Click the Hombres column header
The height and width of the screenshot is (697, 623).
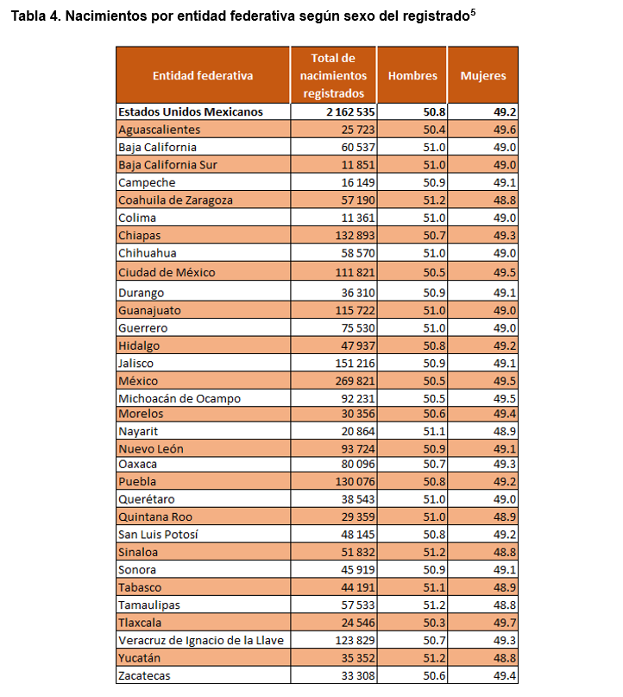(x=412, y=75)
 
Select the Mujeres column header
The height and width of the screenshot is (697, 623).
(x=483, y=75)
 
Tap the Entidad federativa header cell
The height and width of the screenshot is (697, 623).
(x=203, y=75)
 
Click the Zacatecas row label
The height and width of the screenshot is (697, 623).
(x=145, y=675)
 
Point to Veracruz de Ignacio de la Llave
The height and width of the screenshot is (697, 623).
(x=201, y=640)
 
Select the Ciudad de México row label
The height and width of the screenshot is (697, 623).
(x=167, y=272)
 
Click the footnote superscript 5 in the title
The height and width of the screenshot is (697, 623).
(x=474, y=13)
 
